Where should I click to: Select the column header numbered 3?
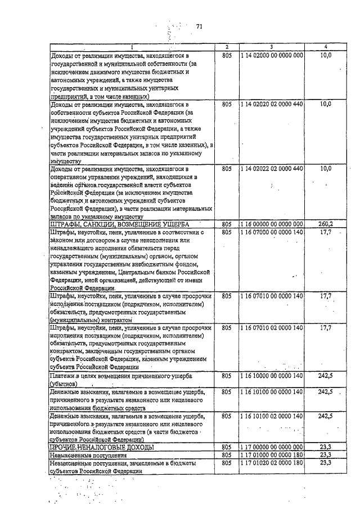click(x=271, y=46)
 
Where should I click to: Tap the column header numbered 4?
click(x=325, y=46)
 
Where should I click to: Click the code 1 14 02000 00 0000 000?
click(x=271, y=55)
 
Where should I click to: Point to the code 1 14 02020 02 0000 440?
click(x=271, y=105)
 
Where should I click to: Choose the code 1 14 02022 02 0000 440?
click(x=271, y=168)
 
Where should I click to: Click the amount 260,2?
click(x=325, y=224)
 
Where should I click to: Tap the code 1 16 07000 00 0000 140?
click(x=271, y=232)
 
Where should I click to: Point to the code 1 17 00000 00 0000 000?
click(x=271, y=447)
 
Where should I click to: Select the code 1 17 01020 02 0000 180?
click(x=271, y=462)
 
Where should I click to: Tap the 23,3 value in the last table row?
click(x=325, y=462)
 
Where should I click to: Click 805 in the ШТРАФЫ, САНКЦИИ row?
click(x=226, y=224)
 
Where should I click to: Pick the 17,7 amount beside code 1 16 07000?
click(x=325, y=232)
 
